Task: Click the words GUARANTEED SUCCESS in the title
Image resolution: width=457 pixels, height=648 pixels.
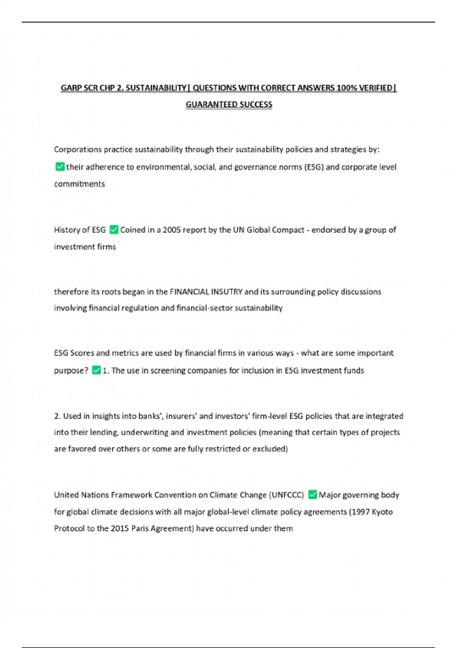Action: (229, 104)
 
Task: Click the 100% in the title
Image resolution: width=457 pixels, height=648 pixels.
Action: (346, 88)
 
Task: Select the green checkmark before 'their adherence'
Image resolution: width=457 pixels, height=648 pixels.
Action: (60, 167)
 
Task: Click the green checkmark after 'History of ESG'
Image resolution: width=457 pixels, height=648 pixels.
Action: (113, 229)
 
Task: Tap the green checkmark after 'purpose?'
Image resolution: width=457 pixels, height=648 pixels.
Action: (96, 370)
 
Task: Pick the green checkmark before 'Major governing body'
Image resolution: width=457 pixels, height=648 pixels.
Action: (312, 495)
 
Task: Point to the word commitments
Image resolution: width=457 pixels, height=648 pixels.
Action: (79, 184)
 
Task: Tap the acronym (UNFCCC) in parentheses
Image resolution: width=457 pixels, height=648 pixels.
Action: (286, 495)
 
